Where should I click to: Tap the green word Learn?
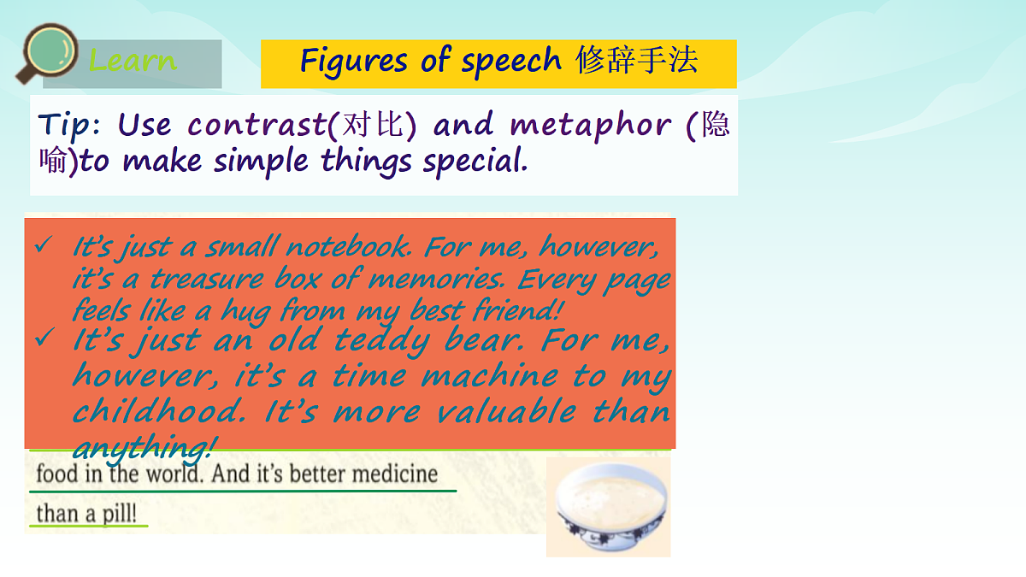[x=133, y=62]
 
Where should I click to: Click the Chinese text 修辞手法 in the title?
[x=637, y=61]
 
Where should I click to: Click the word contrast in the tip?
[x=256, y=126]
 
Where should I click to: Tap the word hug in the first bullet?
[x=245, y=310]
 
